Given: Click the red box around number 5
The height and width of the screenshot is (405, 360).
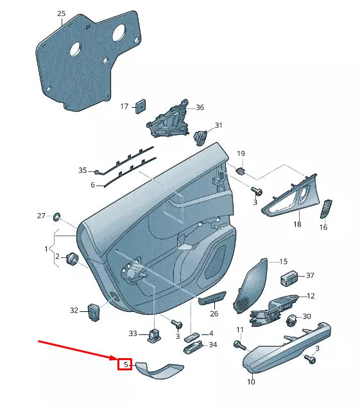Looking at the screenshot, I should point(124,365).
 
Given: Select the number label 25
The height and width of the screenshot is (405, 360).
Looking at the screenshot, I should point(61,13).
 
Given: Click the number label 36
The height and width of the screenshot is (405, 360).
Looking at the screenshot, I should point(200,107).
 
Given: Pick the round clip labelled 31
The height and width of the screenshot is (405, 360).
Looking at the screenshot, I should point(200,136).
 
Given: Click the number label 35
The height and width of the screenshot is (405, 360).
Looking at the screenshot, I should point(82,170).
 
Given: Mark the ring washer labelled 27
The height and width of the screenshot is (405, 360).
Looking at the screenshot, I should point(56,215).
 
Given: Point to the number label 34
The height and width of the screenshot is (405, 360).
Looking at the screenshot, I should point(213,345).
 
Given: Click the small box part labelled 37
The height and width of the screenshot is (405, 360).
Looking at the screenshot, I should point(289,277).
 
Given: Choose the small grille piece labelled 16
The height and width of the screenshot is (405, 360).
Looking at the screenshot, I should point(326,209).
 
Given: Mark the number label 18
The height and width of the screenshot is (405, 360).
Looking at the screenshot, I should point(297,225).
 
